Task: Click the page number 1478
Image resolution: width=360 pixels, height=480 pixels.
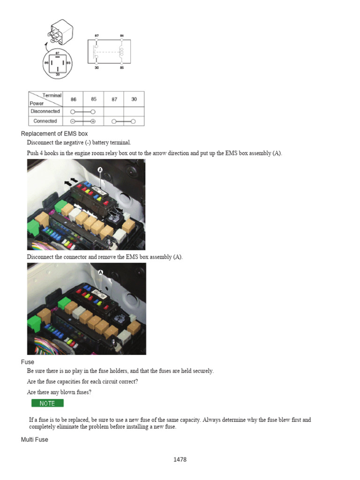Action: (180, 459)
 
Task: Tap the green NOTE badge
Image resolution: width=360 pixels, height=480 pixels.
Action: (47, 403)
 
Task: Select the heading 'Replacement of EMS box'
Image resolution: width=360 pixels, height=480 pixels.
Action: (54, 134)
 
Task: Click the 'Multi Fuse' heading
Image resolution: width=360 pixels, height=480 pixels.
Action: (35, 440)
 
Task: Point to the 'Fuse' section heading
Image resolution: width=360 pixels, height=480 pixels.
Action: (28, 362)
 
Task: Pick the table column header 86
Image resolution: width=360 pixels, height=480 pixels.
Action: (73, 99)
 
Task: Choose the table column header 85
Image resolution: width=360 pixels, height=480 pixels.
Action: (93, 99)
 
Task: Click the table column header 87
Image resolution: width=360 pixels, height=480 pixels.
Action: (114, 99)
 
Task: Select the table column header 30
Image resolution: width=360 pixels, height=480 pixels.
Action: (134, 99)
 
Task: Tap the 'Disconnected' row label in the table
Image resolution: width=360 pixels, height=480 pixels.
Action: (45, 111)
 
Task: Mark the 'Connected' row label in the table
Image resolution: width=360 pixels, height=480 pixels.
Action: (45, 121)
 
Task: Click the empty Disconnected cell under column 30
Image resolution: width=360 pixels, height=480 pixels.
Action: (134, 111)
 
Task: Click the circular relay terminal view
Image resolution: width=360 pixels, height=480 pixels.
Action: (58, 65)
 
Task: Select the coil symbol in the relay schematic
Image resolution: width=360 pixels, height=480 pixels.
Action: (121, 52)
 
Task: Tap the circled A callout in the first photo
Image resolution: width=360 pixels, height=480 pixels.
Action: (100, 169)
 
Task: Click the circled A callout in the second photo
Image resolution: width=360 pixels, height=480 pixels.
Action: (100, 272)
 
